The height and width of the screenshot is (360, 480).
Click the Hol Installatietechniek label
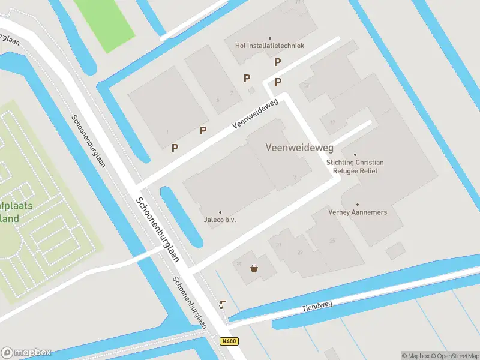coord(269,46)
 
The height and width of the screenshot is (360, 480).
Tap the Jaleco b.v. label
coord(220,220)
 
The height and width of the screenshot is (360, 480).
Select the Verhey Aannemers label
coord(358,212)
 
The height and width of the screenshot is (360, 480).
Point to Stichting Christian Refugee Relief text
coord(355,166)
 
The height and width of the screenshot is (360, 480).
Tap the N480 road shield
coord(229,341)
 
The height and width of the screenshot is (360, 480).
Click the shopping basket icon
coord(255,268)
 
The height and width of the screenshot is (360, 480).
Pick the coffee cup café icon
coord(223,304)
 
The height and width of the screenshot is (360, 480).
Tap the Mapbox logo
coord(26,352)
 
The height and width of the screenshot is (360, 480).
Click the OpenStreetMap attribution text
coord(454,356)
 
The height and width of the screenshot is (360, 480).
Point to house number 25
coord(332,241)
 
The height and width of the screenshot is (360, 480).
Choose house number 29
coord(299,253)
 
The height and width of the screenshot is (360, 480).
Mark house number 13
coord(306,86)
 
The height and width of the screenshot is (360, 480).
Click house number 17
coord(332,122)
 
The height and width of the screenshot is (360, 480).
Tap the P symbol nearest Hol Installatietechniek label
coord(277,62)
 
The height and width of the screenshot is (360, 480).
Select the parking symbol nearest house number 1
coord(175,148)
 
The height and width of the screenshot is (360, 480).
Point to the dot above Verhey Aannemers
coord(358,205)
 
